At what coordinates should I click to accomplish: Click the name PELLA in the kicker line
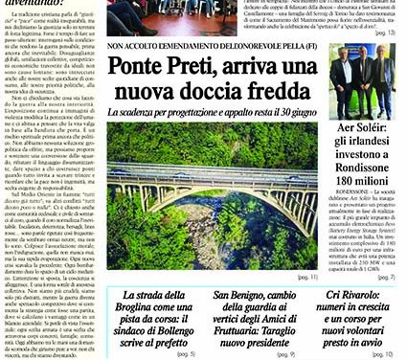[317, 44]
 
